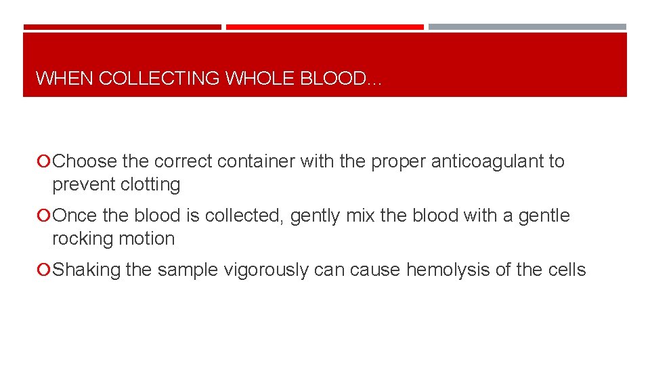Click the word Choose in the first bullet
coord(87,161)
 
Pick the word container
coord(248,161)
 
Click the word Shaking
coord(86,270)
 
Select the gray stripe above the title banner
coord(527,27)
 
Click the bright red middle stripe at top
coord(324,27)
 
